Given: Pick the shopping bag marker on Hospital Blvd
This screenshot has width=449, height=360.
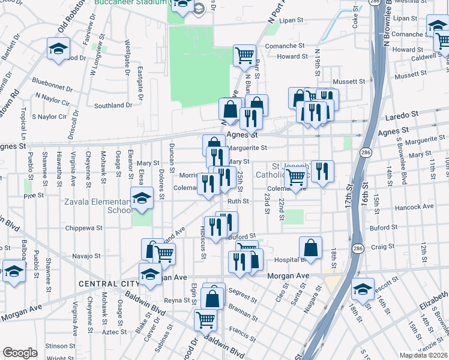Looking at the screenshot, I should click(310, 247).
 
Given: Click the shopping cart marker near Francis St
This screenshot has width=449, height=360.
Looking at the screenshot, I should click(205, 319).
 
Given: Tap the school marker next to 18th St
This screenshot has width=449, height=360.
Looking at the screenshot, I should click(362, 289).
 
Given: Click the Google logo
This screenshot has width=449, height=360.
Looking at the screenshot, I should click(20, 353).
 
